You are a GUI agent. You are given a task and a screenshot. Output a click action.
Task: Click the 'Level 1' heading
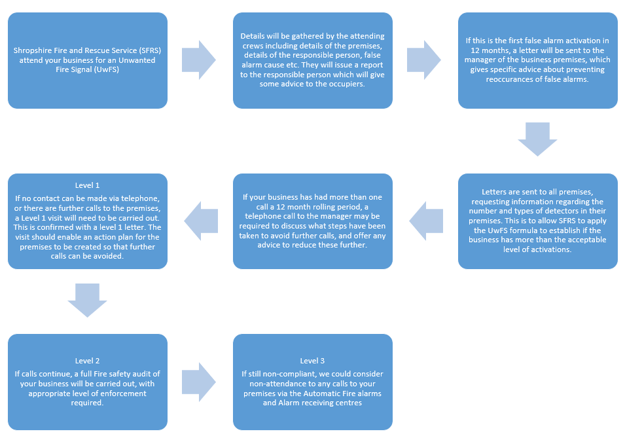[87, 185]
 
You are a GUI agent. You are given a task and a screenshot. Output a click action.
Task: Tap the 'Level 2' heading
[87, 361]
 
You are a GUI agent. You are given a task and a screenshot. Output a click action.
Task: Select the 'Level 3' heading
[312, 361]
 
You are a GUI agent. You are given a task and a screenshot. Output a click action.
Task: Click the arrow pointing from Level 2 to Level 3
[198, 382]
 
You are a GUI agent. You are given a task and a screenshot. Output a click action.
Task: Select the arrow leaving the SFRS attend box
[198, 60]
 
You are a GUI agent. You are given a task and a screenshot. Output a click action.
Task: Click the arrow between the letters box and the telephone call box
[425, 220]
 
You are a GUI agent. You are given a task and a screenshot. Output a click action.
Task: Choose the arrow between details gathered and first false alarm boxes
[424, 60]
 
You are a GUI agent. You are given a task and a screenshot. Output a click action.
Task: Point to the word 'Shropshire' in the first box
[33, 50]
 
